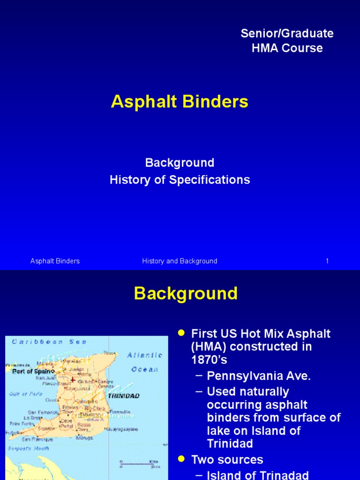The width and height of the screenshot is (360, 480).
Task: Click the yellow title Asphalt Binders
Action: point(180,102)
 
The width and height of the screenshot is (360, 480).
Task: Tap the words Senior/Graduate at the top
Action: point(287,33)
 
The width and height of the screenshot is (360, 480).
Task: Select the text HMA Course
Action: point(287,48)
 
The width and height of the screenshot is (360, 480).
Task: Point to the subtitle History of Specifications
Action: point(180,180)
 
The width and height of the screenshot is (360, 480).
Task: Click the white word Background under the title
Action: point(180,163)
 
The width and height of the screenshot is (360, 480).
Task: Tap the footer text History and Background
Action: point(180,261)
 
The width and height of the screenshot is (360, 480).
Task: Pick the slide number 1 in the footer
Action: point(327,261)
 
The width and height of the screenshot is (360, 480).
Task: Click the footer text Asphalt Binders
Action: point(55,261)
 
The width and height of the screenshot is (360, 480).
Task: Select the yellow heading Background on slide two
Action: point(186,294)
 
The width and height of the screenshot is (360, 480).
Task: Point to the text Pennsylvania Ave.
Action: point(259,376)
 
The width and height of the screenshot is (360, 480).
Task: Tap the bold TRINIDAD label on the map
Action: point(124,396)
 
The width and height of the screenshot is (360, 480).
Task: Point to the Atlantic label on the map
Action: point(145,355)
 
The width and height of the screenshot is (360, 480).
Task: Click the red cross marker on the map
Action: point(73,380)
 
